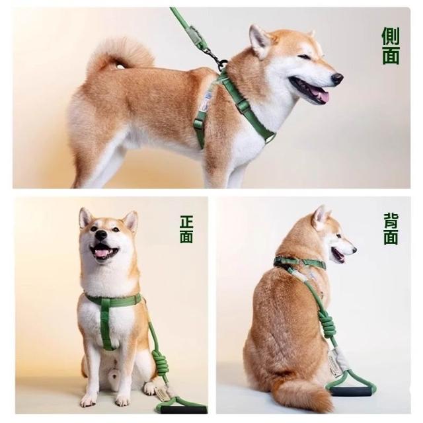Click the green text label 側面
[391, 46]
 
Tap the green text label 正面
[186, 229]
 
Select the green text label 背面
[391, 229]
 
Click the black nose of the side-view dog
[337, 79]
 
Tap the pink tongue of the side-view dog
[321, 95]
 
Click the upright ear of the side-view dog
[259, 40]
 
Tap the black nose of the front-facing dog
[101, 235]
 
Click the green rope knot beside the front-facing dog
[160, 361]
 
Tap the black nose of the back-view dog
[354, 250]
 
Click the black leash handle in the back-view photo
[351, 391]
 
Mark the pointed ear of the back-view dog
[321, 217]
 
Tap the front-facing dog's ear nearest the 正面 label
[131, 221]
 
